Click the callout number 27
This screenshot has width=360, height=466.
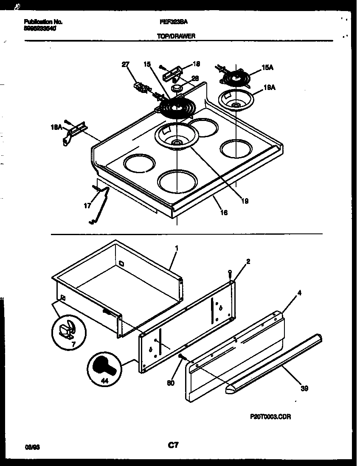click(125, 65)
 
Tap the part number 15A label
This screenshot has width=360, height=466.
click(267, 67)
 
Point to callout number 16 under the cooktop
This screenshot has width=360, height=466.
click(224, 213)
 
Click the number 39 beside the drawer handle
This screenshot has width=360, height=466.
click(304, 388)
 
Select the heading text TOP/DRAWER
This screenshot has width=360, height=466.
click(176, 36)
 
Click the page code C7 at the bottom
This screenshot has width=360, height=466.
click(173, 445)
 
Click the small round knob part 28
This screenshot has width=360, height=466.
click(176, 88)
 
